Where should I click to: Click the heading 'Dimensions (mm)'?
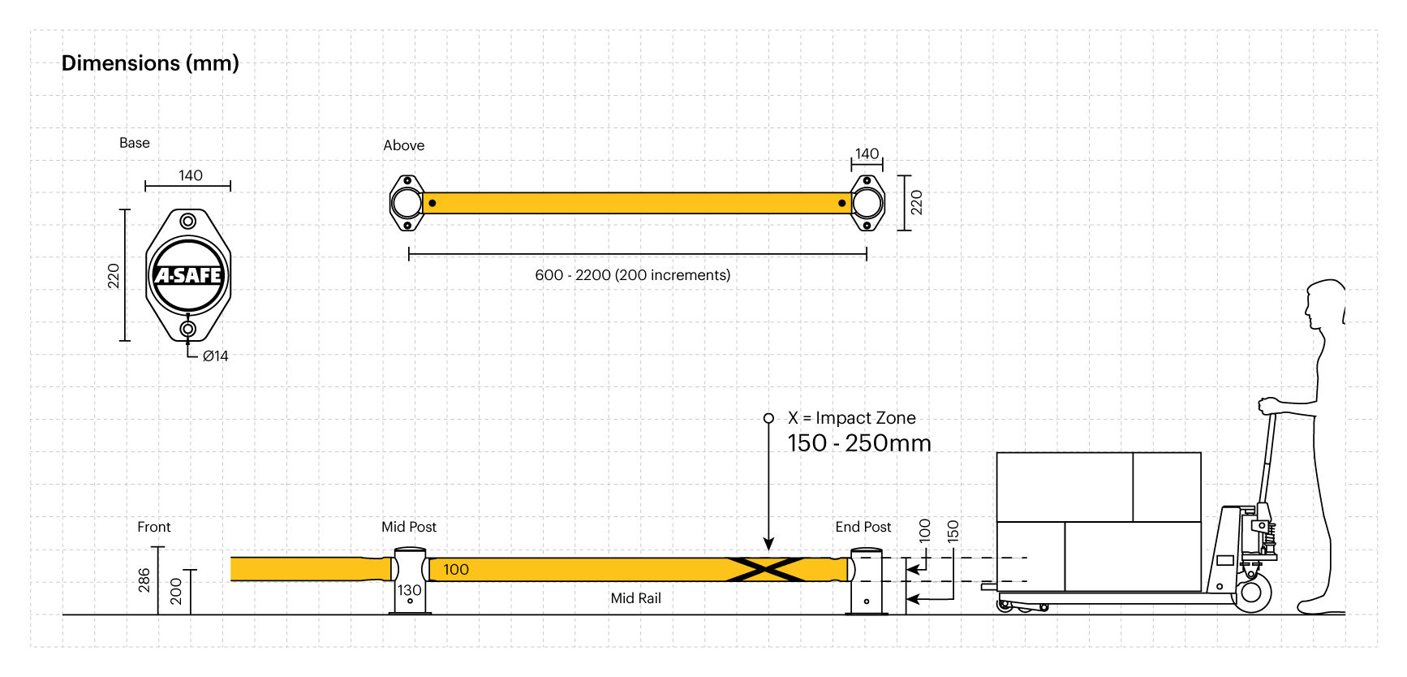pyautogui.click(x=150, y=63)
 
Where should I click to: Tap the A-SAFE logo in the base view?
pyautogui.click(x=188, y=275)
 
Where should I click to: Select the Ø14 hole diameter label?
pyautogui.click(x=215, y=356)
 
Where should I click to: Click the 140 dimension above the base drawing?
pyautogui.click(x=191, y=175)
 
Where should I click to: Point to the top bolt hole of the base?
pyautogui.click(x=188, y=221)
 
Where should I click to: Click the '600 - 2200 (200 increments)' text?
pyautogui.click(x=632, y=275)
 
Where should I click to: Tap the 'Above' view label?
pyautogui.click(x=403, y=145)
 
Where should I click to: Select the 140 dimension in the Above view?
pyautogui.click(x=867, y=153)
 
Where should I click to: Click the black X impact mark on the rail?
pyautogui.click(x=767, y=569)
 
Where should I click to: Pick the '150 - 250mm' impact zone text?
pyautogui.click(x=858, y=443)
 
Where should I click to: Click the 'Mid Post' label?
pyautogui.click(x=409, y=527)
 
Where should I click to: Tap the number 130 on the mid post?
pyautogui.click(x=409, y=590)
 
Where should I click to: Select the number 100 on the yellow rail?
pyautogui.click(x=456, y=569)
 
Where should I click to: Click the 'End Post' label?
pyautogui.click(x=863, y=527)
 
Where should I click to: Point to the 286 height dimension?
pyautogui.click(x=144, y=580)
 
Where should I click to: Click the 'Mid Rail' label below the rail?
pyautogui.click(x=635, y=598)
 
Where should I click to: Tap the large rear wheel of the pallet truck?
pyautogui.click(x=1252, y=593)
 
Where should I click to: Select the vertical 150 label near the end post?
pyautogui.click(x=953, y=531)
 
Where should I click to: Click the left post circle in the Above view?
pyautogui.click(x=407, y=203)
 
